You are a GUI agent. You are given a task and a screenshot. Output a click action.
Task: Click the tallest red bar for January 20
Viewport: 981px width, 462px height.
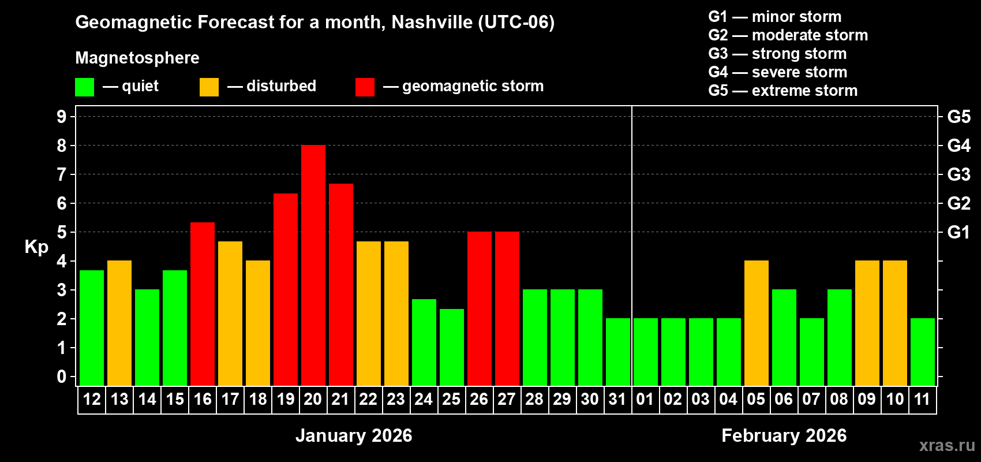pyautogui.click(x=313, y=265)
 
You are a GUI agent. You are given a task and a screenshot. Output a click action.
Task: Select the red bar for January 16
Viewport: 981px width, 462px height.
pyautogui.click(x=203, y=304)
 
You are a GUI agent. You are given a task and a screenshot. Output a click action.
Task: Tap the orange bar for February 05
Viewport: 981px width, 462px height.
pyautogui.click(x=757, y=323)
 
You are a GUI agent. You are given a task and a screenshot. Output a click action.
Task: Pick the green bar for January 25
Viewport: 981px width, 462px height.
pyautogui.click(x=452, y=347)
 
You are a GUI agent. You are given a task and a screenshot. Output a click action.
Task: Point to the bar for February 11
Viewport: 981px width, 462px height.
pyautogui.click(x=923, y=352)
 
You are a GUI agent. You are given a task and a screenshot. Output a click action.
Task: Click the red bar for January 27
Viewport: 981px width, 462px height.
pyautogui.click(x=507, y=308)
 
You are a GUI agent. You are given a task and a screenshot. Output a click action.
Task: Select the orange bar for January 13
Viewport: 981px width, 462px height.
pyautogui.click(x=119, y=323)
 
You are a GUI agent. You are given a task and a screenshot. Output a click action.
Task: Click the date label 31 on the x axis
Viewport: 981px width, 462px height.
pyautogui.click(x=617, y=399)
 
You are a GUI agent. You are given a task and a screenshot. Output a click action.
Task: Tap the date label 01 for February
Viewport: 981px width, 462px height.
pyautogui.click(x=645, y=399)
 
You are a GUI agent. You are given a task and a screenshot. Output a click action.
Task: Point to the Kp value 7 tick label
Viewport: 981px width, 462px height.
pyautogui.click(x=62, y=174)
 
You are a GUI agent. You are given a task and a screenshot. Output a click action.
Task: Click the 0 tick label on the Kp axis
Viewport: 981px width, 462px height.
pyautogui.click(x=62, y=377)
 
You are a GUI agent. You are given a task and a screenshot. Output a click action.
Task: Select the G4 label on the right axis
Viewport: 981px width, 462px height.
pyautogui.click(x=958, y=146)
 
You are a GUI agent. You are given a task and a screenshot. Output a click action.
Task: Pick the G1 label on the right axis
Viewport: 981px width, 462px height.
pyautogui.click(x=958, y=232)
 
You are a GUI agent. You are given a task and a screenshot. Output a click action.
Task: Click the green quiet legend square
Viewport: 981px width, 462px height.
pyautogui.click(x=85, y=87)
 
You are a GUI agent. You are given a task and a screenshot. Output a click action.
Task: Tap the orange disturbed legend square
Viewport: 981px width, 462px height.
pyautogui.click(x=209, y=87)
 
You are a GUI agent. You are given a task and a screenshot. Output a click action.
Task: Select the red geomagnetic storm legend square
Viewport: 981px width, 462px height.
pyautogui.click(x=365, y=87)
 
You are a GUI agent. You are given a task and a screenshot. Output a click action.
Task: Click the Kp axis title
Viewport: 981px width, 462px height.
pyautogui.click(x=36, y=247)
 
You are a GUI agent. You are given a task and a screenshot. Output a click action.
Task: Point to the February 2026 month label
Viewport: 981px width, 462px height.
pyautogui.click(x=784, y=435)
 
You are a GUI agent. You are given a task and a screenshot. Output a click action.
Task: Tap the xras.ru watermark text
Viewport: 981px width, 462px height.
pyautogui.click(x=947, y=445)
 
